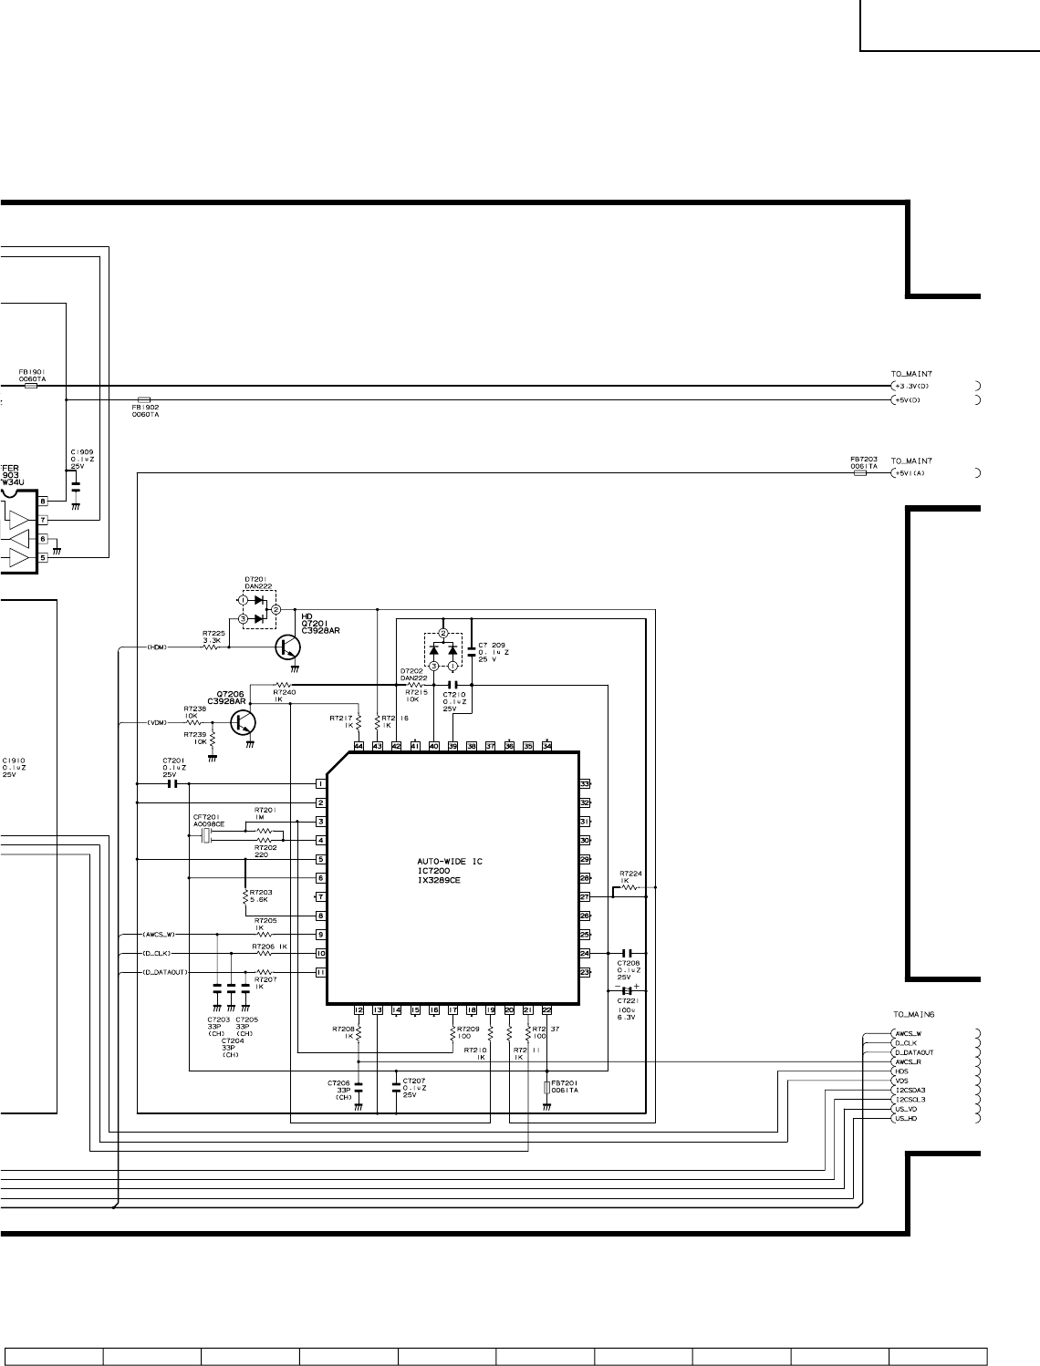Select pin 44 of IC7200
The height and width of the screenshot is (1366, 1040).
click(x=359, y=746)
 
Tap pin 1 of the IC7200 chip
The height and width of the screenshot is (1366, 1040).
click(x=321, y=784)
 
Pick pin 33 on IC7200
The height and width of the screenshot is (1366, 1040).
click(x=585, y=784)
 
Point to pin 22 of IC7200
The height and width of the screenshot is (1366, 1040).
click(x=546, y=1009)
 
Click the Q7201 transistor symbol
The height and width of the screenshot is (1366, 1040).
click(x=289, y=647)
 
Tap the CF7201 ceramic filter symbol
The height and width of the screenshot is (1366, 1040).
click(x=206, y=835)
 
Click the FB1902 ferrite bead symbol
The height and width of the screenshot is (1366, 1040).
click(x=143, y=399)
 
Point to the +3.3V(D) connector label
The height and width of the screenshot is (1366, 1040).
click(x=910, y=386)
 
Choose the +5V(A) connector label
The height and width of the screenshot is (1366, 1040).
click(x=909, y=472)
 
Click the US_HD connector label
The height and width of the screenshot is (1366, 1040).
click(x=906, y=1118)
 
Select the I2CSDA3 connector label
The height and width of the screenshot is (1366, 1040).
click(x=910, y=1090)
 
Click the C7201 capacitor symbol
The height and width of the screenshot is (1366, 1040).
click(x=173, y=784)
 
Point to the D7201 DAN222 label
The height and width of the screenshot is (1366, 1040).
click(x=258, y=583)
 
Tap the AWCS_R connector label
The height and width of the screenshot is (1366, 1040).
click(x=908, y=1061)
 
